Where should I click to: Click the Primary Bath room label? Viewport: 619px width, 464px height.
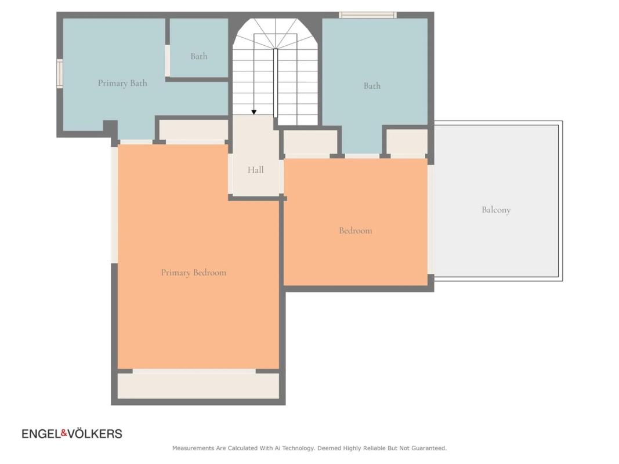tap(122, 83)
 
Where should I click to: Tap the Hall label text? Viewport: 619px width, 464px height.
tap(255, 170)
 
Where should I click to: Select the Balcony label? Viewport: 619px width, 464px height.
tap(496, 209)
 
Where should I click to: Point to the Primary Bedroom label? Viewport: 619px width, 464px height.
tap(193, 272)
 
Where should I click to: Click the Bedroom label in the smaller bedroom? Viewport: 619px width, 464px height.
tap(355, 230)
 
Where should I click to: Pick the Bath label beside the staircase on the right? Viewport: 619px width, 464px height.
tap(372, 86)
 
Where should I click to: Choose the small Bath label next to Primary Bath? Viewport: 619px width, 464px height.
tap(198, 56)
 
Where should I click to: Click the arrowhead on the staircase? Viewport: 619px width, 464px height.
tap(254, 113)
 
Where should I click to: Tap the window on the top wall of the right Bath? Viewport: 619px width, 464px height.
tap(368, 15)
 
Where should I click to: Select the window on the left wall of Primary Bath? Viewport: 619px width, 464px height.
tap(60, 74)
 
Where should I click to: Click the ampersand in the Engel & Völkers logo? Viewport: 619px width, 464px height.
tap(64, 434)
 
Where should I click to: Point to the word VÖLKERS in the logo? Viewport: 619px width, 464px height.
tap(95, 434)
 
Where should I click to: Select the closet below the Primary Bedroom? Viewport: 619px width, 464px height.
tap(198, 386)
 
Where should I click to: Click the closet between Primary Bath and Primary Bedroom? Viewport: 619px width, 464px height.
tap(193, 130)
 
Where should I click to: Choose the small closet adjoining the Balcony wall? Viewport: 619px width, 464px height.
tap(407, 142)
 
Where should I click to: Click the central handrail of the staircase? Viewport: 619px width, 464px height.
tap(276, 83)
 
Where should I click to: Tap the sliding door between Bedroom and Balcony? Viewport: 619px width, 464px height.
tap(431, 219)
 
